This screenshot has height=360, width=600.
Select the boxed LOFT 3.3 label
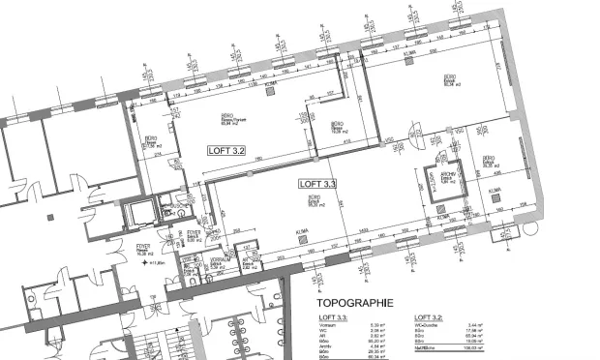(x=316, y=183)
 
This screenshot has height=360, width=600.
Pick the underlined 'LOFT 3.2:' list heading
(x=427, y=317)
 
